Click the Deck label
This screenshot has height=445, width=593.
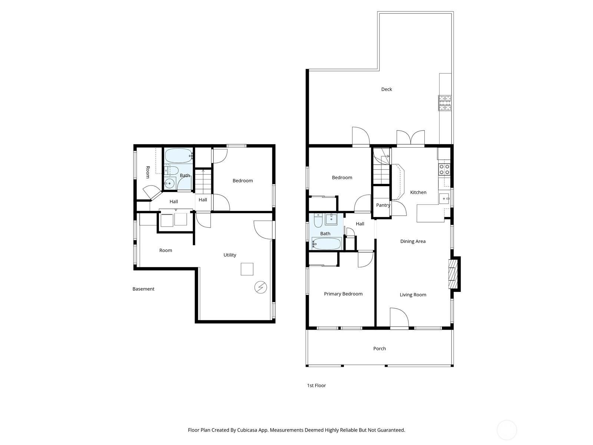click(x=386, y=89)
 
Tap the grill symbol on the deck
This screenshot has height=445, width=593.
click(x=445, y=103)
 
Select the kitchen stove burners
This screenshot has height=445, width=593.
click(x=444, y=169)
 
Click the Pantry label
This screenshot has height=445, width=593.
click(x=383, y=205)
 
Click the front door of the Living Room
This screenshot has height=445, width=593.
click(x=399, y=318)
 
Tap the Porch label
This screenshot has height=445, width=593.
click(x=379, y=349)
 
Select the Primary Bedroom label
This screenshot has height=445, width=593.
click(x=343, y=294)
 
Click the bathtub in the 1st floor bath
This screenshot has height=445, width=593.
click(x=327, y=244)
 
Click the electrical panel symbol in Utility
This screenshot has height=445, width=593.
click(x=261, y=287)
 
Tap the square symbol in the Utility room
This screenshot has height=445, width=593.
click(x=247, y=269)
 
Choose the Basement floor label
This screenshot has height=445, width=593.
click(x=143, y=289)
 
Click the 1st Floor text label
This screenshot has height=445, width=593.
click(x=316, y=386)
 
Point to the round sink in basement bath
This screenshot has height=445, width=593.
click(x=170, y=183)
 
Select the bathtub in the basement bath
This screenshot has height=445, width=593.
click(x=178, y=155)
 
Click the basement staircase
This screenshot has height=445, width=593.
click(x=203, y=182)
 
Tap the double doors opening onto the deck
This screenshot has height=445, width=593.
click(x=410, y=138)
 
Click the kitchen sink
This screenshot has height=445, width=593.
click(x=444, y=199)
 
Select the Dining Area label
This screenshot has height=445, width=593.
click(x=413, y=241)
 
